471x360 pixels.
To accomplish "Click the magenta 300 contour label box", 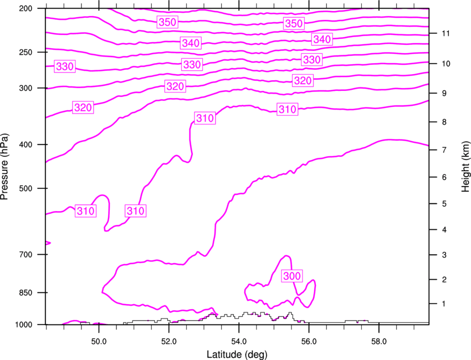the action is (x=291, y=276).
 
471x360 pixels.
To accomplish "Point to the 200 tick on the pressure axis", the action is (x=25, y=8).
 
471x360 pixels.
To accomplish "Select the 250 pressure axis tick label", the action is (x=25, y=52).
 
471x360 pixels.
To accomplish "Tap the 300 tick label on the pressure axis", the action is (x=25, y=88).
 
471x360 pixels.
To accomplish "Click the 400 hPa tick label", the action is (x=25, y=145).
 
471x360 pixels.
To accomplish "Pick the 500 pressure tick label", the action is (x=25, y=188).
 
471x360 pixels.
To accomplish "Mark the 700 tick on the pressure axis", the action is (x=25, y=255).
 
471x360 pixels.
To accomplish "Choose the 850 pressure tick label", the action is (x=25, y=292).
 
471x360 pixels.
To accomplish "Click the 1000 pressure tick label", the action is (x=24, y=325).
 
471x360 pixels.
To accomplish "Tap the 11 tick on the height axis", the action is (x=446, y=33).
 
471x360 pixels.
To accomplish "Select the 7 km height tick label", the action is (x=444, y=150).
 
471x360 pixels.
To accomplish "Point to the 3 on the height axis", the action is (x=444, y=255).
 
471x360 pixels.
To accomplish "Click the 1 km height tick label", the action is (x=444, y=304).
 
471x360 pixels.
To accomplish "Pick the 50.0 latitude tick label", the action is (x=99, y=342).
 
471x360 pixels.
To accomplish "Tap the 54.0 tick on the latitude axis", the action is (x=239, y=342).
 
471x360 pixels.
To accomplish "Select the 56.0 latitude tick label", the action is (x=309, y=342).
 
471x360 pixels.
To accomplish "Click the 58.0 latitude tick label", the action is (x=379, y=342).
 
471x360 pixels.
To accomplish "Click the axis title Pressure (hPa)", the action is (x=4, y=166).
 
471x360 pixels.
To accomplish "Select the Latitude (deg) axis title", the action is (x=237, y=354).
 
